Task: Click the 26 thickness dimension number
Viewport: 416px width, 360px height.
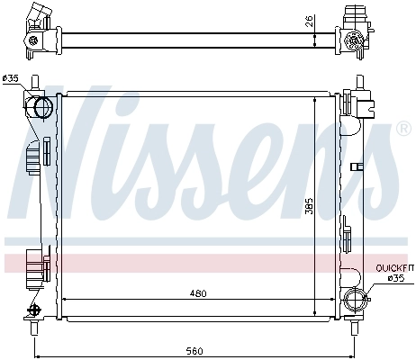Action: [308, 21]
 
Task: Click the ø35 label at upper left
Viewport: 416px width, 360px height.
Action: [11, 78]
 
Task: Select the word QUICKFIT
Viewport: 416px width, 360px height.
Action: [394, 267]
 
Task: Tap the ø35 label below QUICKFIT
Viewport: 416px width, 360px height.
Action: [396, 278]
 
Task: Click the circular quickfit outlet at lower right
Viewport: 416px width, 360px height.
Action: [355, 301]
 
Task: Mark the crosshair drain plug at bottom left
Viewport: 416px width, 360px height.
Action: [35, 309]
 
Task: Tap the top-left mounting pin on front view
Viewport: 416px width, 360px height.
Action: [34, 82]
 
